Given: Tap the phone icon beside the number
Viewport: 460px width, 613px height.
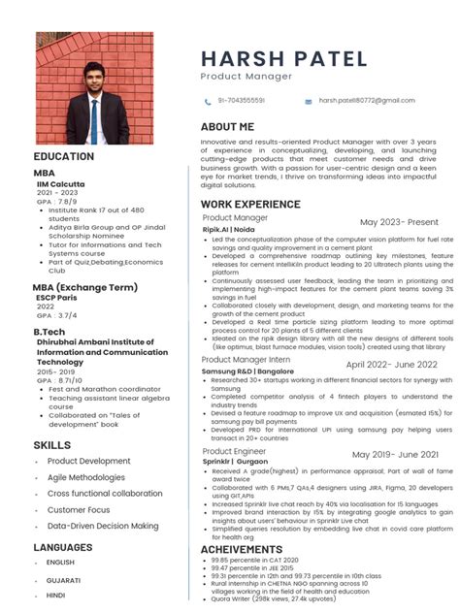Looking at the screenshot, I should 208,101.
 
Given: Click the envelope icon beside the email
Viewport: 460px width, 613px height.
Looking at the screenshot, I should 309,101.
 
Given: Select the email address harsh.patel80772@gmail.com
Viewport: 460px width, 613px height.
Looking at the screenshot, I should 366,101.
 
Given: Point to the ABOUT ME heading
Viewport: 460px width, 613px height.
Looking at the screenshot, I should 227,127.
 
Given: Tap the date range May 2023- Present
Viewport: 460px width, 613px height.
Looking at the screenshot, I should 399,222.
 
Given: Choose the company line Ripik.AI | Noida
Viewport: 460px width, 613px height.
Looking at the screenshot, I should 228,229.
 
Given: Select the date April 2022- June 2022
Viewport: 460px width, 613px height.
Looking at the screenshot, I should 391,364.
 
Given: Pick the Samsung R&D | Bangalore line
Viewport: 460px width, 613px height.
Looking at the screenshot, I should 246,371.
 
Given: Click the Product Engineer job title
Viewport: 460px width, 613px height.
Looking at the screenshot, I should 234,452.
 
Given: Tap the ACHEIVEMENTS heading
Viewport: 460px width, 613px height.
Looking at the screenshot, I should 241,549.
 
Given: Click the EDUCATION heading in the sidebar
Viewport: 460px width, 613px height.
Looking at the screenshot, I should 64,156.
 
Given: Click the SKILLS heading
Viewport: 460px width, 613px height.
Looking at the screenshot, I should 51,444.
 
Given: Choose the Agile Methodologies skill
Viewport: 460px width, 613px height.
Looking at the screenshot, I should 86,477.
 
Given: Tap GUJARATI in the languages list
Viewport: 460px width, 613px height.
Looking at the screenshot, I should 64,579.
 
